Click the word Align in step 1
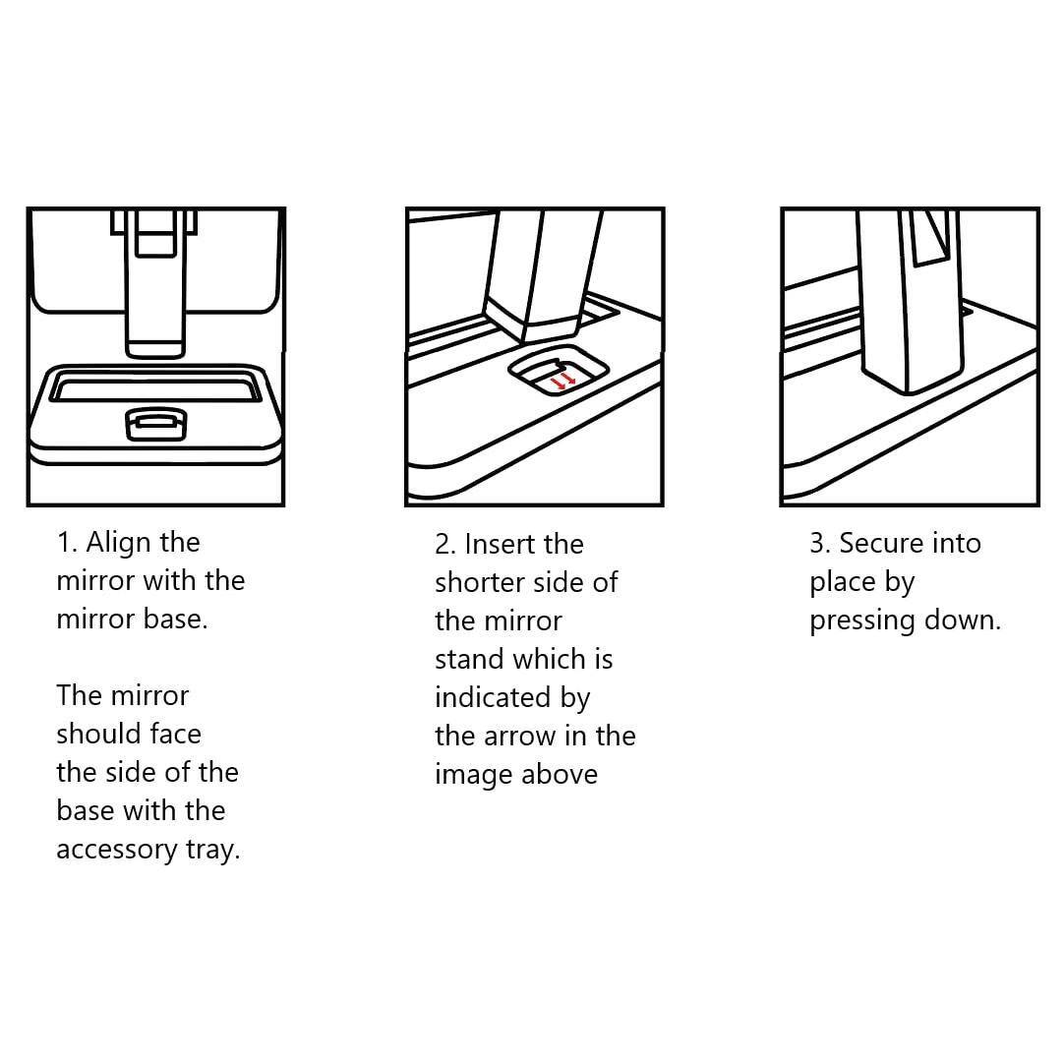[117, 542]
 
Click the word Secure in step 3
[882, 543]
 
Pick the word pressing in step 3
[861, 621]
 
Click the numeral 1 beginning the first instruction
[64, 542]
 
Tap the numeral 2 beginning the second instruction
[443, 544]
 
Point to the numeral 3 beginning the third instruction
[817, 543]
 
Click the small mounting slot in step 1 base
[154, 424]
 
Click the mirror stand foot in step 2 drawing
[521, 317]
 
